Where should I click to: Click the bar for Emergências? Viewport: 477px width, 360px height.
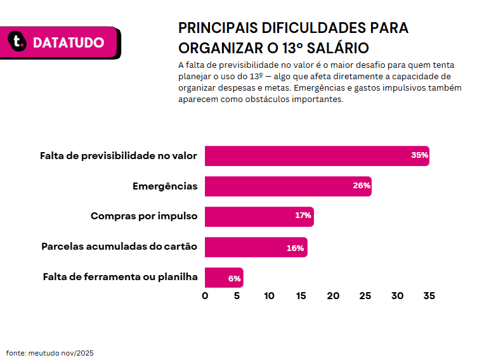(288, 186)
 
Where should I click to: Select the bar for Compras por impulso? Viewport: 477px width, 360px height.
(259, 217)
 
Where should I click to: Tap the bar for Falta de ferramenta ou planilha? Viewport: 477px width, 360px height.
(224, 278)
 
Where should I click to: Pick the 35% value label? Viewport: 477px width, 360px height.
(419, 155)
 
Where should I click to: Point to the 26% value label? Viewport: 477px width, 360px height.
(362, 186)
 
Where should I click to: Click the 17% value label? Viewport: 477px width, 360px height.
(303, 215)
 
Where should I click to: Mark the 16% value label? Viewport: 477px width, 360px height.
(295, 248)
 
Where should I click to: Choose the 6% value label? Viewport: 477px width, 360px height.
(234, 278)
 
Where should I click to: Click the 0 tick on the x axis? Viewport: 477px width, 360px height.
(205, 296)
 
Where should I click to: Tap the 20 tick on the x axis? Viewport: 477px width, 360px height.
(333, 296)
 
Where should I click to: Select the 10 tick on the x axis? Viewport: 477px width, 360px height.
(269, 296)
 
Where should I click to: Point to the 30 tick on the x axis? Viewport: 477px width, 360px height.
(397, 296)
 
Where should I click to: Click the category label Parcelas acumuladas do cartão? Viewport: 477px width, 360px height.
(119, 247)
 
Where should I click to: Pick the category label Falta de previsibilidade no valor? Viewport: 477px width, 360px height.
(119, 156)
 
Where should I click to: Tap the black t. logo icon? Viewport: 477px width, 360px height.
(17, 41)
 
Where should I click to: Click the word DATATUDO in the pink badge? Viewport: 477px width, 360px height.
(69, 42)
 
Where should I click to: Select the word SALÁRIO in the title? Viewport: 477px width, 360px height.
(337, 48)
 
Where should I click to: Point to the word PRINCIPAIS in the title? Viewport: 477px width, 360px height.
(218, 28)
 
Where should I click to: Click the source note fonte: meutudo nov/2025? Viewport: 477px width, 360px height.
(50, 353)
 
